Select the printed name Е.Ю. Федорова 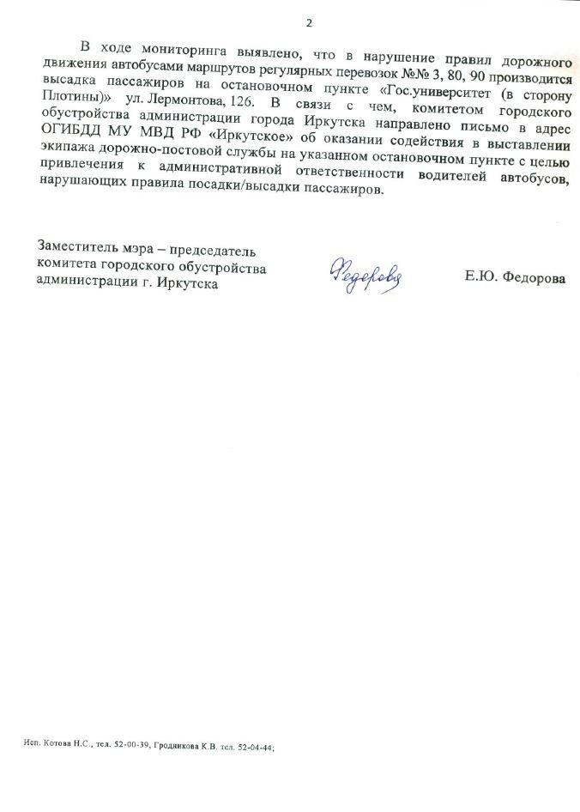pos(514,278)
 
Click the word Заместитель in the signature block pos(78,251)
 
